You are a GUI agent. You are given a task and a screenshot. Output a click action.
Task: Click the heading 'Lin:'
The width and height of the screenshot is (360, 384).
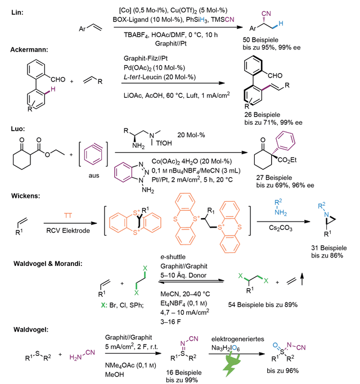click(17, 12)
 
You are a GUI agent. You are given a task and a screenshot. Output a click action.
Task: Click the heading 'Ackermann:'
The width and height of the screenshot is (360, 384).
click(29, 49)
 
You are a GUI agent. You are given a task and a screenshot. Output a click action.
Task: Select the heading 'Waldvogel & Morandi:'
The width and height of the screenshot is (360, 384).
click(48, 264)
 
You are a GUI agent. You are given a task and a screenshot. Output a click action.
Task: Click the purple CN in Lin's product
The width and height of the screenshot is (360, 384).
click(266, 13)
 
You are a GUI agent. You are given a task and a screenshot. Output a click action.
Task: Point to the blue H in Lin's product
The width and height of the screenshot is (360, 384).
click(281, 24)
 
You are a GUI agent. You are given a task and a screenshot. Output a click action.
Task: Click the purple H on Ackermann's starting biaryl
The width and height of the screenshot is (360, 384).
click(53, 89)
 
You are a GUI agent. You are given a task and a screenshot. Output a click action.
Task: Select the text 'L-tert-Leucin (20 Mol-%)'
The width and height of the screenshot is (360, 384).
click(160, 77)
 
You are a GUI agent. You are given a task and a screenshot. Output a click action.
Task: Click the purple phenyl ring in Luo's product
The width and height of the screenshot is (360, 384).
click(285, 141)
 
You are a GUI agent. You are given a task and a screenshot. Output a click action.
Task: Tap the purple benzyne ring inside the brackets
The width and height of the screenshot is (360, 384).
click(93, 154)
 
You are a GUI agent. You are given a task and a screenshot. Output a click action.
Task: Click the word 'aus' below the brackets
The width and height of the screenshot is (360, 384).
click(93, 175)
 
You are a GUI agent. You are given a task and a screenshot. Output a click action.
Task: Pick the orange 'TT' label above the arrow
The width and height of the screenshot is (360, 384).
click(68, 215)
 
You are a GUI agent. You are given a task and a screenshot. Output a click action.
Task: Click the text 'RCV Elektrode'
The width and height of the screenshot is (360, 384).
click(68, 231)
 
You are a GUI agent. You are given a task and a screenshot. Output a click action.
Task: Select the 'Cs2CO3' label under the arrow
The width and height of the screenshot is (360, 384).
click(280, 228)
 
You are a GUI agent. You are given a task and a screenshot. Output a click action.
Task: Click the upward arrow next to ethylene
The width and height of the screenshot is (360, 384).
click(302, 279)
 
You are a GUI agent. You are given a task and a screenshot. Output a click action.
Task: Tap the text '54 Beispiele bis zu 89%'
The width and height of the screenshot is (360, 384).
click(263, 305)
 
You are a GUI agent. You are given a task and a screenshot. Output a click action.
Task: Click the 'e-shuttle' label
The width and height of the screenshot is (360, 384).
click(173, 257)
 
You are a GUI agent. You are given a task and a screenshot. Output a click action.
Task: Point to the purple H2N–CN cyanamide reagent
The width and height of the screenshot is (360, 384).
click(82, 355)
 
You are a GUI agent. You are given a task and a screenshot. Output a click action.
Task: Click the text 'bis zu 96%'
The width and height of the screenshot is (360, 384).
click(282, 371)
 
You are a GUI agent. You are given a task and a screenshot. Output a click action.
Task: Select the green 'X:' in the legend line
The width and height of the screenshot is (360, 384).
click(104, 305)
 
